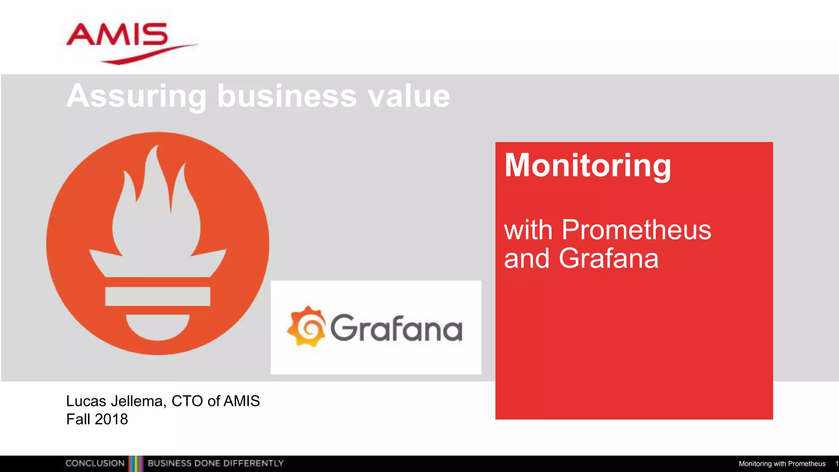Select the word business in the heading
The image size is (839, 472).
click(x=287, y=96)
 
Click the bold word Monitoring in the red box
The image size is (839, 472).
click(x=587, y=166)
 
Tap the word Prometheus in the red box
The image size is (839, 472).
click(x=636, y=230)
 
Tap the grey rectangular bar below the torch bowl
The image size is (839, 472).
click(x=158, y=296)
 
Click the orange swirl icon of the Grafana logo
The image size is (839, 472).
click(x=307, y=327)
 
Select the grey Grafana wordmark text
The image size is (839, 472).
click(x=396, y=328)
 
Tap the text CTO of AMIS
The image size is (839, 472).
click(x=215, y=401)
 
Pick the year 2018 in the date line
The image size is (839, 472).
click(x=111, y=419)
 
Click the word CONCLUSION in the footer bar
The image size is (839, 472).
click(x=95, y=463)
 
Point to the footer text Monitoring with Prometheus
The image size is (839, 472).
click(x=782, y=464)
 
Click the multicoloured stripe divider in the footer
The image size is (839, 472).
click(x=136, y=463)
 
